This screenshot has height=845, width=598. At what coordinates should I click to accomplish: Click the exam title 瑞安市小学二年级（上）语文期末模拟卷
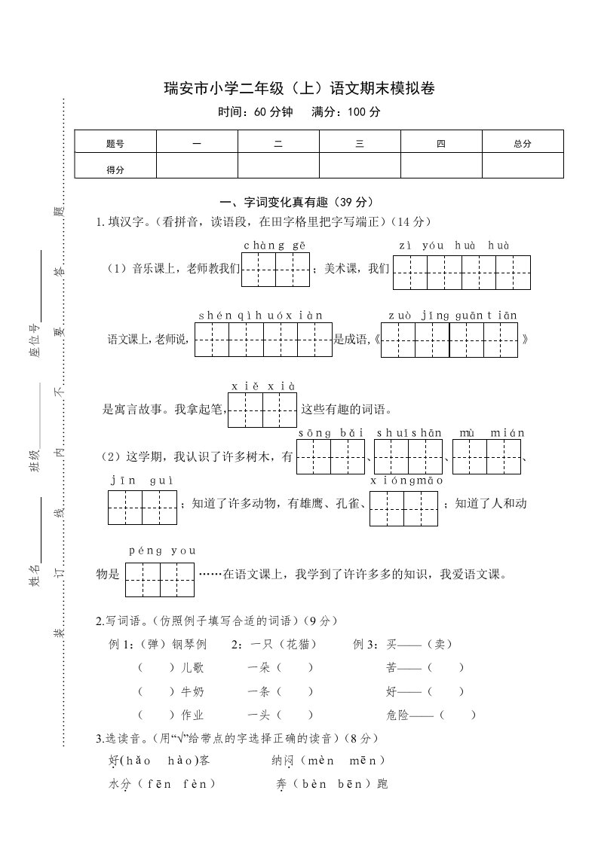tap(299, 89)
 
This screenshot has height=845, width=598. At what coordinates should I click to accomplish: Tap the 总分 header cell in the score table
tap(522, 143)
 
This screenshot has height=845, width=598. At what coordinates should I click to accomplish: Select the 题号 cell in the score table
tap(115, 143)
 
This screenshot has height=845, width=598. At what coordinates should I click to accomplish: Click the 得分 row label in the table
tap(115, 169)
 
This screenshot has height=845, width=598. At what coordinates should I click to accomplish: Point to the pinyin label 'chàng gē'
tap(275, 246)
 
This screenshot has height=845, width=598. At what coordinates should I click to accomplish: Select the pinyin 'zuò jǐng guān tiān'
tap(452, 316)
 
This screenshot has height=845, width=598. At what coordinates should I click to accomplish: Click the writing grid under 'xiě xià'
tap(262, 410)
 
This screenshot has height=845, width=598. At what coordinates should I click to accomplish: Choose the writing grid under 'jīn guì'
tap(142, 508)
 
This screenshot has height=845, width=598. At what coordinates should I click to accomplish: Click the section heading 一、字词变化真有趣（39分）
tap(296, 203)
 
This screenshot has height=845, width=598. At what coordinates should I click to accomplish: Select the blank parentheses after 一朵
tap(295, 667)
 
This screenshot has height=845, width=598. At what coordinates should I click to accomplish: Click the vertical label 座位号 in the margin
tap(34, 343)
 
